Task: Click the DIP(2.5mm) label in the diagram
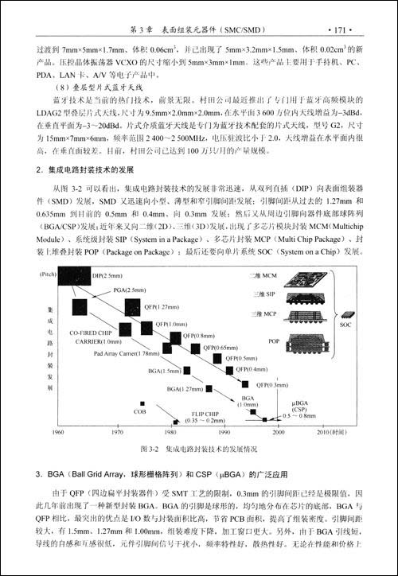(107, 275)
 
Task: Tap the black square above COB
(142, 403)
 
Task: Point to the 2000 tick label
(278, 431)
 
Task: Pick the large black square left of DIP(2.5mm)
(80, 284)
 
